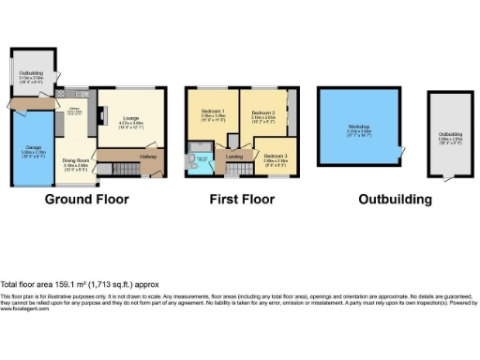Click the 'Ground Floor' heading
(x=87, y=199)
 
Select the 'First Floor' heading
(x=242, y=199)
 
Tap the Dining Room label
(x=76, y=161)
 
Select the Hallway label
(x=146, y=157)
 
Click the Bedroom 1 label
(x=212, y=115)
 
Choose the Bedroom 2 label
(x=262, y=115)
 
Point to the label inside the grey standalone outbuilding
(x=450, y=138)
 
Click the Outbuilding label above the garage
(x=32, y=74)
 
